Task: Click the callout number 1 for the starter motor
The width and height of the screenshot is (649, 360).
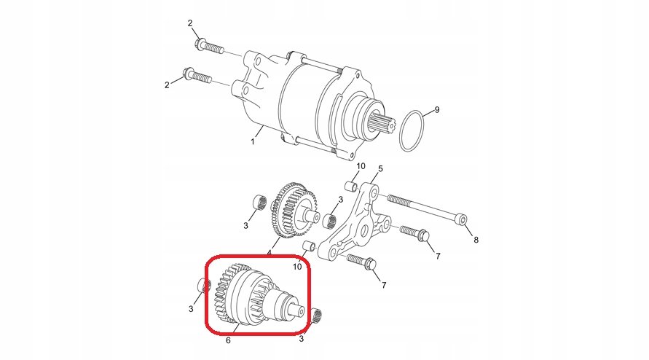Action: [x=253, y=141]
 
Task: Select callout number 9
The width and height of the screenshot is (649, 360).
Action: [x=436, y=110]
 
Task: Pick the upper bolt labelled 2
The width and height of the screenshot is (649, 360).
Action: [x=208, y=46]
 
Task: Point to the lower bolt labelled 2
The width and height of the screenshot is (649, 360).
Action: [x=197, y=76]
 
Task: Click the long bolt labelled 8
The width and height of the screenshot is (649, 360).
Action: [x=427, y=209]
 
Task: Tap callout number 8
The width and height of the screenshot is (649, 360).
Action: [x=476, y=240]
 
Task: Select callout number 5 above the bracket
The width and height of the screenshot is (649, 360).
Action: [x=380, y=168]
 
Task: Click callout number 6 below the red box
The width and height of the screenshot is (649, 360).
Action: [x=228, y=340]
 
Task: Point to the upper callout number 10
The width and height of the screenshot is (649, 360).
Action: [x=361, y=166]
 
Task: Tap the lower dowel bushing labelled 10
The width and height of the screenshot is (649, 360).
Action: [x=310, y=246]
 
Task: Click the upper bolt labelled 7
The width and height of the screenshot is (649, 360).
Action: [x=414, y=234]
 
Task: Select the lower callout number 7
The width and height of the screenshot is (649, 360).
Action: [x=384, y=285]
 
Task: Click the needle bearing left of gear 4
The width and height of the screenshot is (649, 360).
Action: [x=259, y=201]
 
